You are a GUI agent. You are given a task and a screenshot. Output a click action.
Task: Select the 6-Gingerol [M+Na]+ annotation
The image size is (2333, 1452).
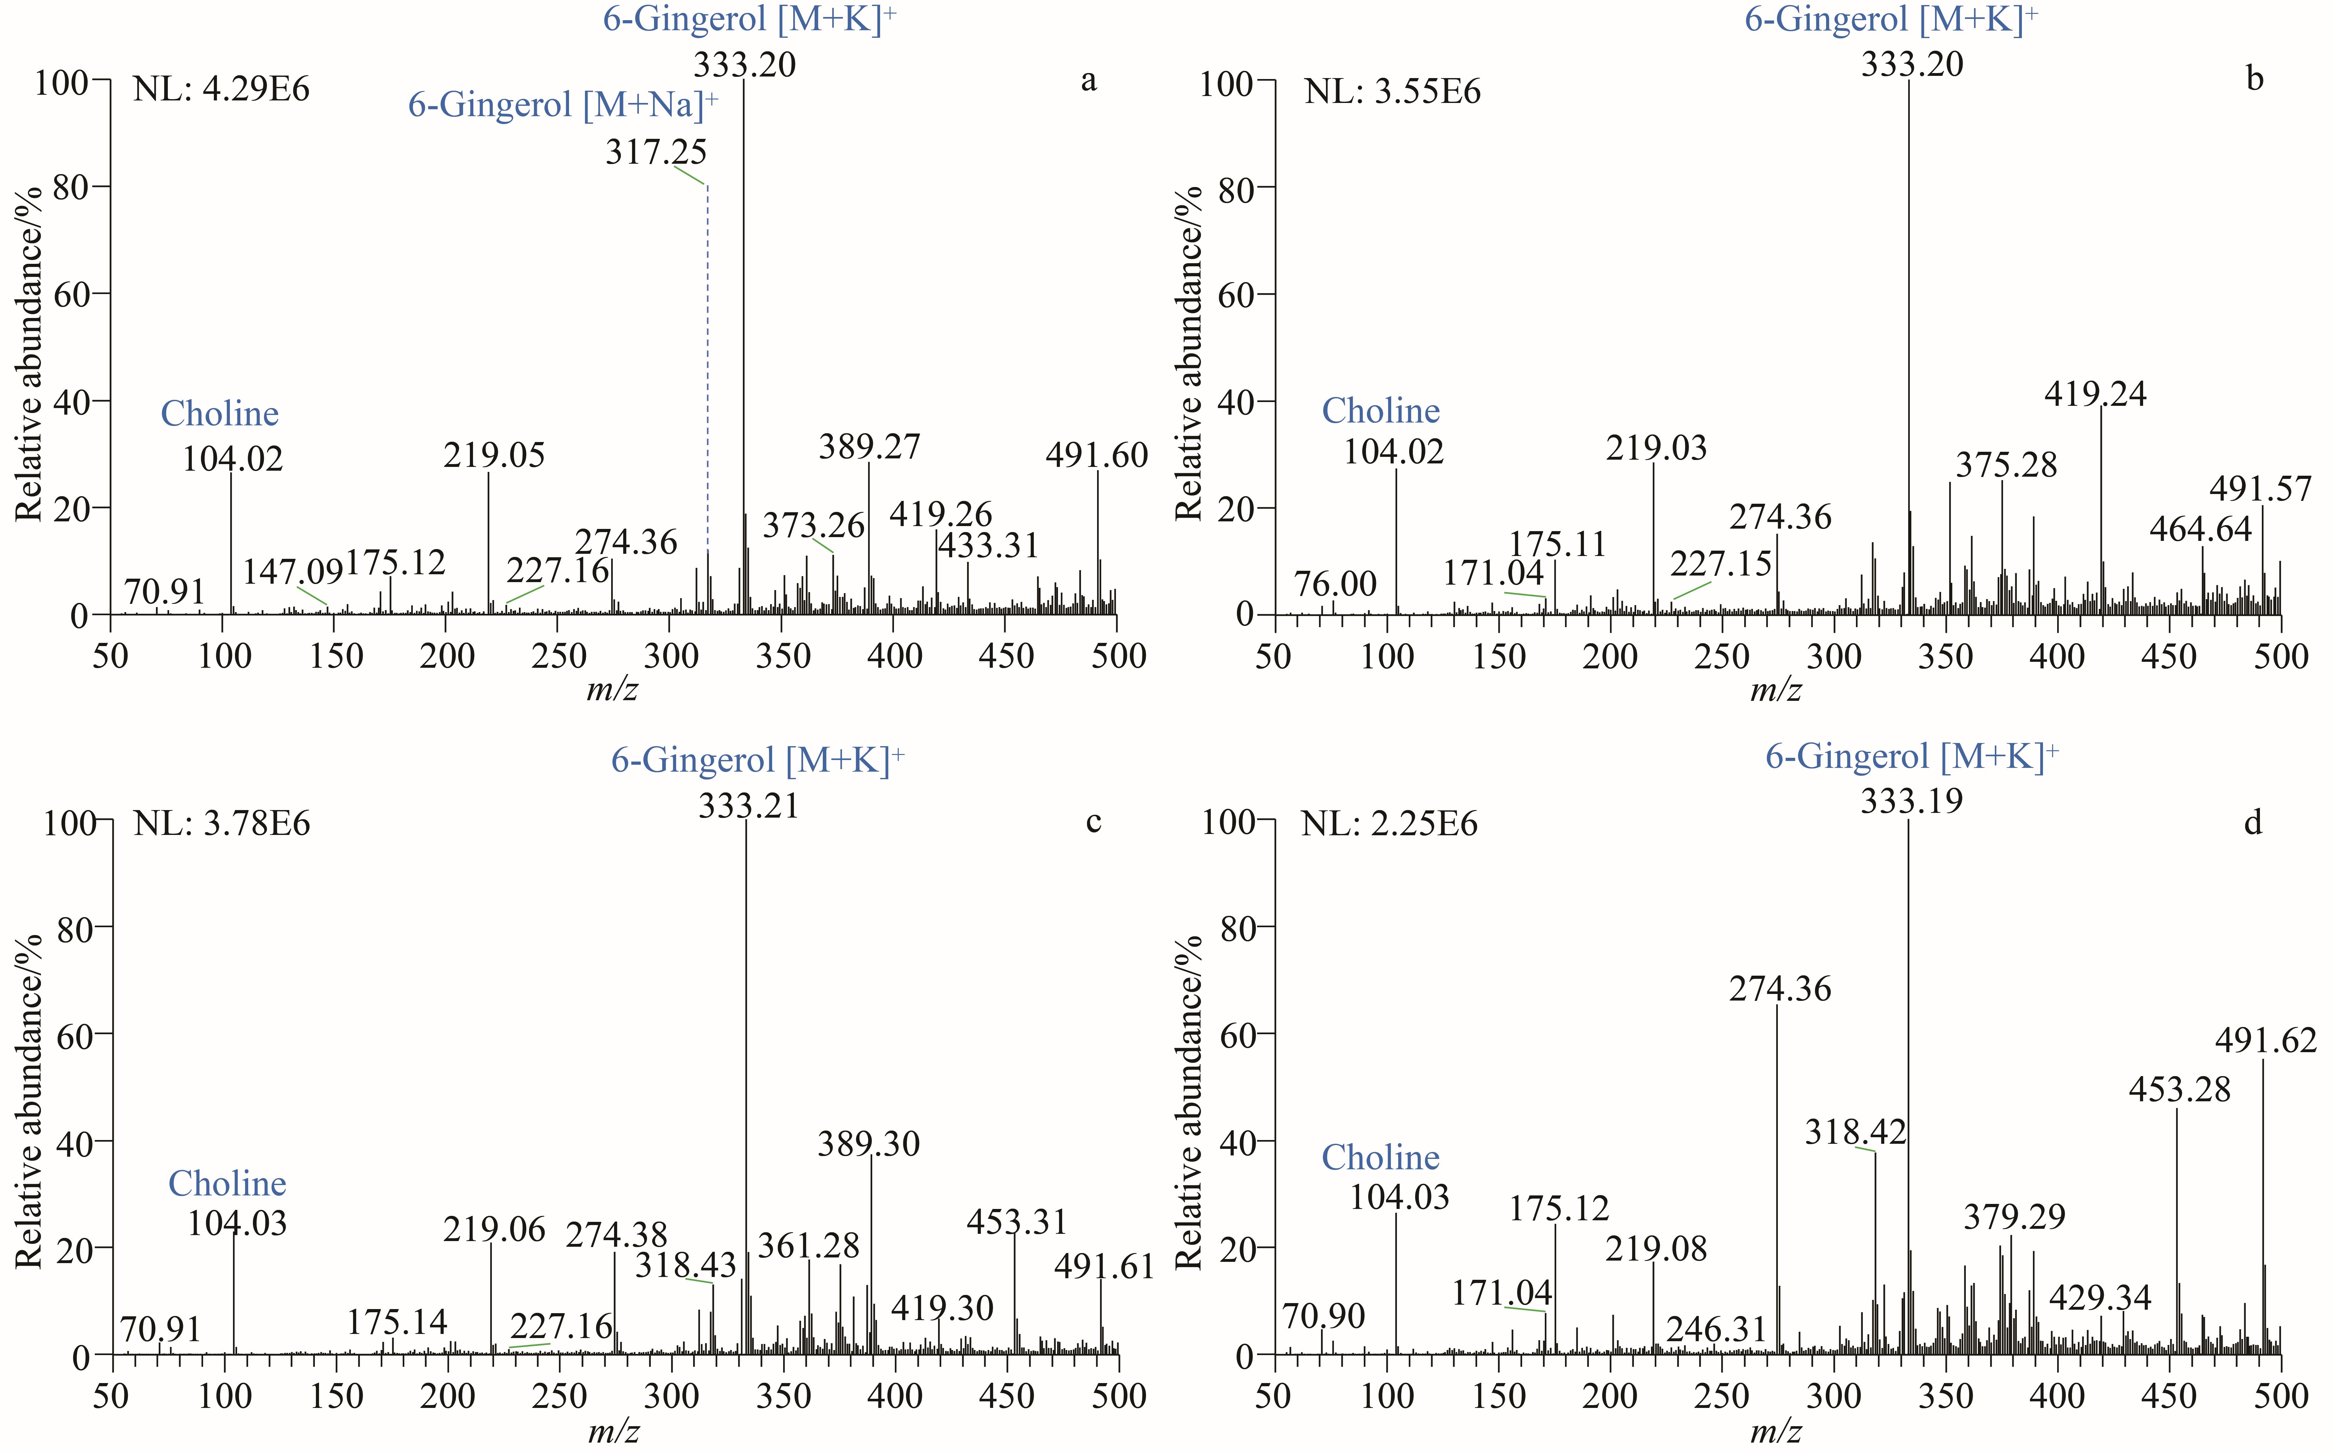click(564, 104)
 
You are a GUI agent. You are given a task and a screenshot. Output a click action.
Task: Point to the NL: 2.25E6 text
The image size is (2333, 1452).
click(1390, 824)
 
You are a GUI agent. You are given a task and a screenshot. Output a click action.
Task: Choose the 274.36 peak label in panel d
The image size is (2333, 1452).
click(1780, 988)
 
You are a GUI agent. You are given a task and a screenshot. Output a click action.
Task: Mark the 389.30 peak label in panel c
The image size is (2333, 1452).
click(869, 1144)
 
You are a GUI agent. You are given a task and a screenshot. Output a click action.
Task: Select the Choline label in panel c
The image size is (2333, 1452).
click(228, 1183)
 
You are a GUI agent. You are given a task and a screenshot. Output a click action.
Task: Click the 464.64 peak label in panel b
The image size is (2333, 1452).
click(2200, 529)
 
